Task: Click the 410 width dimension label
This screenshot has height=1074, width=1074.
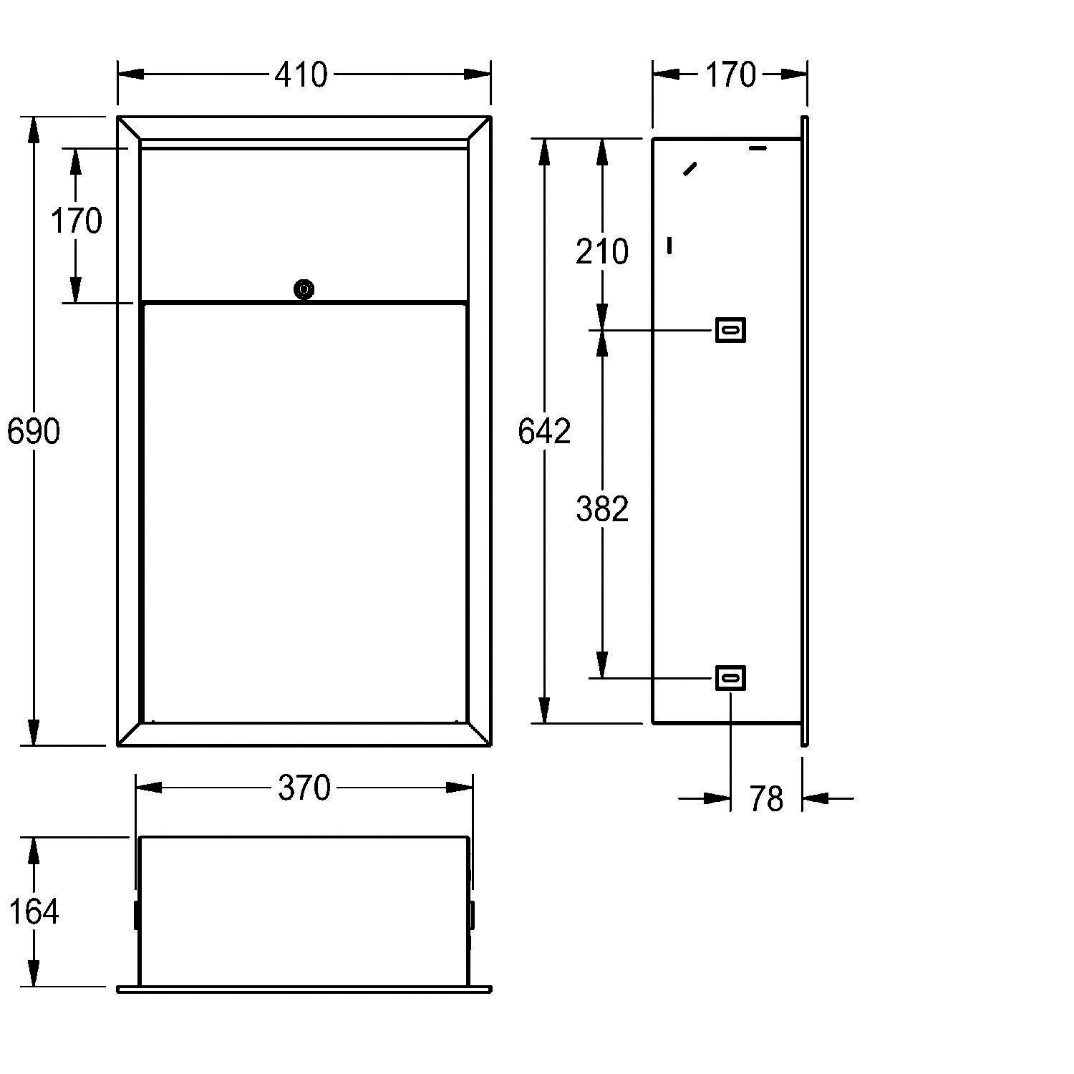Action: (301, 74)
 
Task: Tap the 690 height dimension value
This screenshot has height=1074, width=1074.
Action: (34, 431)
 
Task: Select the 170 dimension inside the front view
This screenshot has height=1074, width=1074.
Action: (76, 221)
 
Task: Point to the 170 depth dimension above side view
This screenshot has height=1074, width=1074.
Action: (730, 74)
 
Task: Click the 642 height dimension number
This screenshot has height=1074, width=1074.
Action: (544, 431)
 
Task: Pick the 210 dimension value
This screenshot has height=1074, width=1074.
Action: (602, 251)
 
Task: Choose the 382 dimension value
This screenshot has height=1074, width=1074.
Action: (602, 508)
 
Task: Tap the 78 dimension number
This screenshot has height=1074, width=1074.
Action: (766, 798)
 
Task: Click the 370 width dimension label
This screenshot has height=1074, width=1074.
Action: (304, 788)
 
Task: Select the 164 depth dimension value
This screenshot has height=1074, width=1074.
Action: (34, 911)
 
